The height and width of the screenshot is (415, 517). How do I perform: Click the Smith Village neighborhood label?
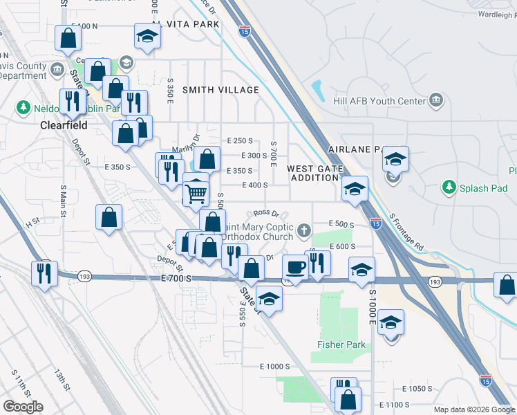tap(220, 90)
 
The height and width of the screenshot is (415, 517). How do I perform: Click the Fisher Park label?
tap(341, 345)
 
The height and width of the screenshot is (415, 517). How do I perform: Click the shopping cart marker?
tap(196, 192)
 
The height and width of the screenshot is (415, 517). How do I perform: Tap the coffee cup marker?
tap(296, 266)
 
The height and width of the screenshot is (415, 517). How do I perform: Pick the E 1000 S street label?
tap(274, 366)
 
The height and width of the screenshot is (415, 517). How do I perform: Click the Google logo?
tap(23, 407)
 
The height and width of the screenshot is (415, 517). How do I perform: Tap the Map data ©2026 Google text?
tap(473, 409)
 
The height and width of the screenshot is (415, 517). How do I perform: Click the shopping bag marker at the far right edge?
tap(507, 284)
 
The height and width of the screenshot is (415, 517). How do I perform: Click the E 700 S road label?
tap(175, 278)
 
